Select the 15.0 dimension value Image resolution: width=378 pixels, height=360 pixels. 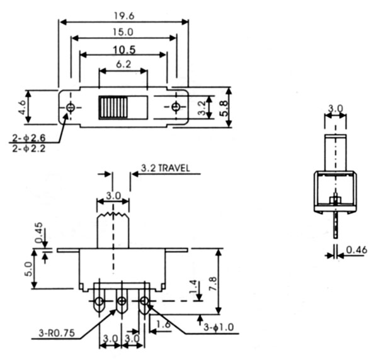click(x=123, y=31)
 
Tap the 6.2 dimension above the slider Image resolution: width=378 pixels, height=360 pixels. click(x=123, y=64)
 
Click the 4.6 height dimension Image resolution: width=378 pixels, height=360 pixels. click(x=21, y=106)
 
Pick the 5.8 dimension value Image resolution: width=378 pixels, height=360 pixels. click(x=224, y=107)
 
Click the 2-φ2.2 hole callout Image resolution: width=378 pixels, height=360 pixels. click(x=28, y=149)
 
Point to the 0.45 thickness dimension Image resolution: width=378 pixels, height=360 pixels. click(x=38, y=232)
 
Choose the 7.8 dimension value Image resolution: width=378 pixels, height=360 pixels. click(x=227, y=281)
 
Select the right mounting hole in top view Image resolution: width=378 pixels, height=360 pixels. click(x=176, y=107)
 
